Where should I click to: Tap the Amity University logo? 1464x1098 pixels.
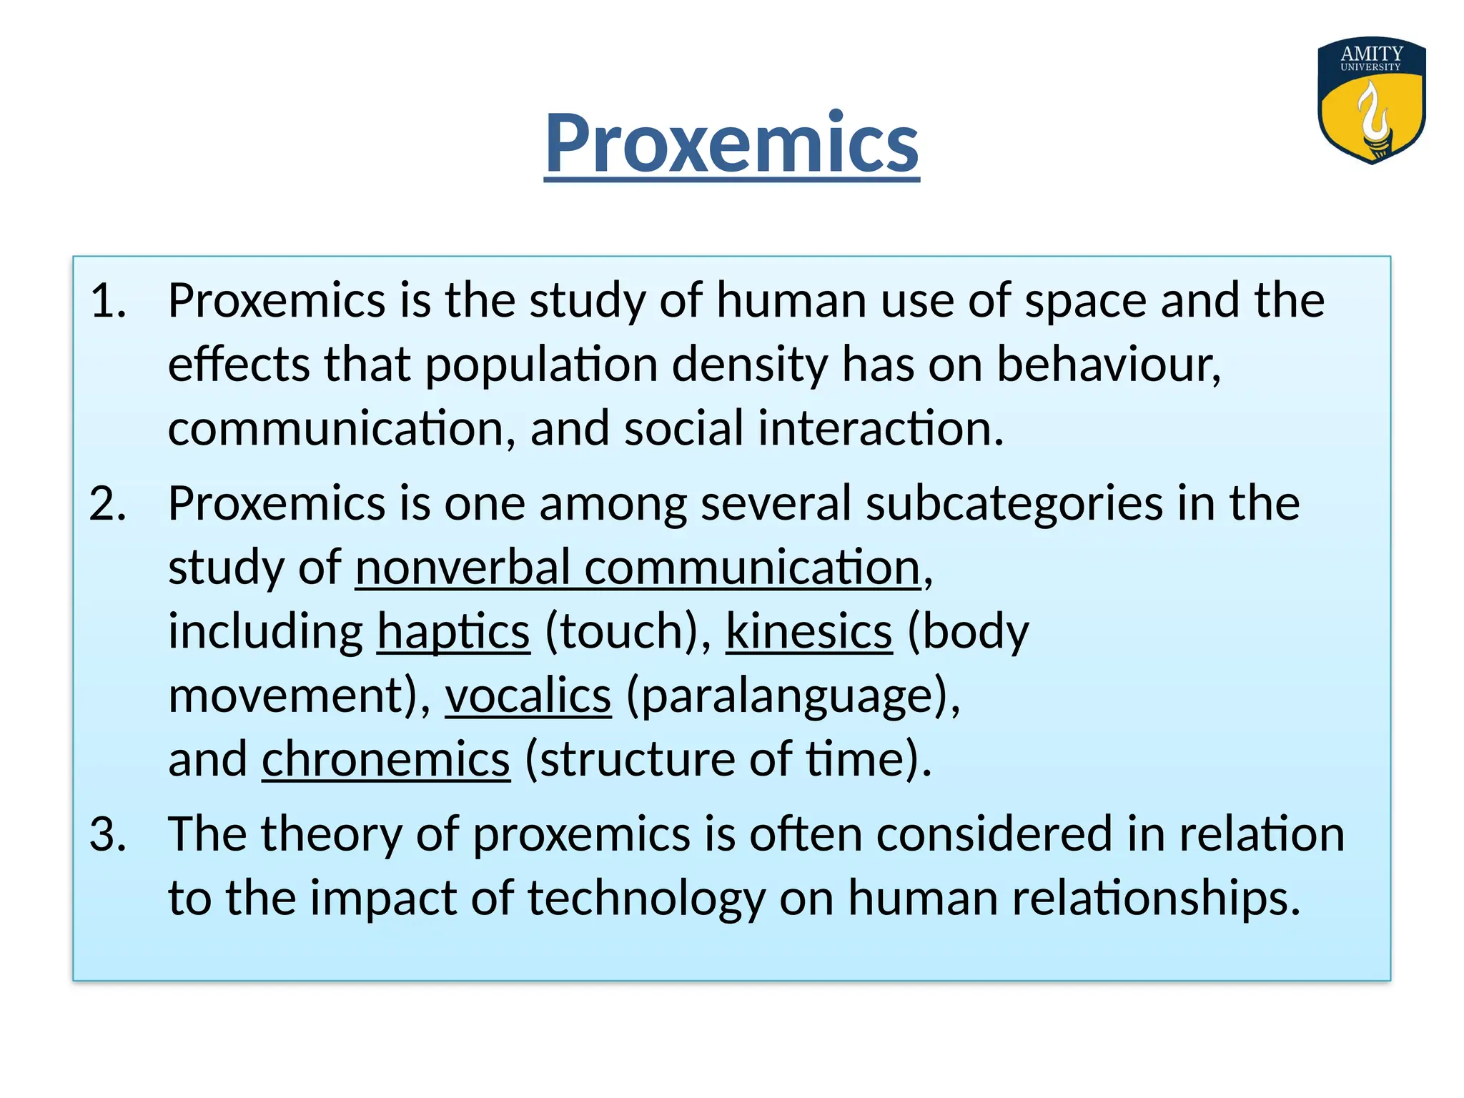pos(1371,100)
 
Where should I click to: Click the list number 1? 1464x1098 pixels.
pos(108,300)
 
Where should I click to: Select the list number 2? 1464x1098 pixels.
pos(108,503)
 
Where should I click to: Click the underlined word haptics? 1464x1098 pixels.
pos(453,632)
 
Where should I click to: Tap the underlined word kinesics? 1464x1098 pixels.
pos(809,632)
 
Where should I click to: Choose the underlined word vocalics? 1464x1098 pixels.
pos(528,696)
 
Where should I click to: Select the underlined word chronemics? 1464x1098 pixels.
pos(386,759)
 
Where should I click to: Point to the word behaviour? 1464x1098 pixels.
pos(1108,365)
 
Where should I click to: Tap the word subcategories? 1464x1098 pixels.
pos(1014,503)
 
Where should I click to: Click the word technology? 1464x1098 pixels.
pos(646,898)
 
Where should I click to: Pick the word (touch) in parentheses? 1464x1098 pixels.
pos(628,632)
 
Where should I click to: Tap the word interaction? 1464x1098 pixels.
pos(881,429)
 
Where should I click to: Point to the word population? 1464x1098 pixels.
pos(541,365)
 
